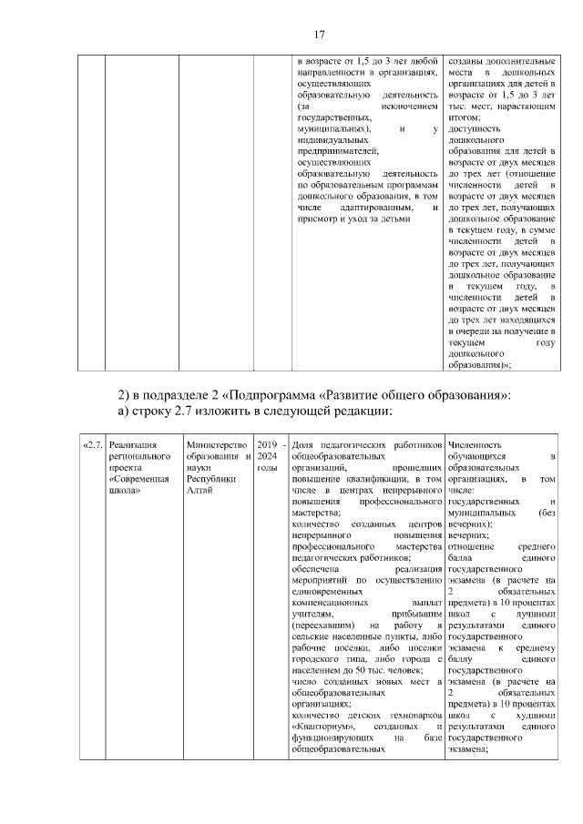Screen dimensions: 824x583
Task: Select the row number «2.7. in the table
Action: point(92,444)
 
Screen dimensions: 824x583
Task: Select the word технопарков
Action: point(414,717)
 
